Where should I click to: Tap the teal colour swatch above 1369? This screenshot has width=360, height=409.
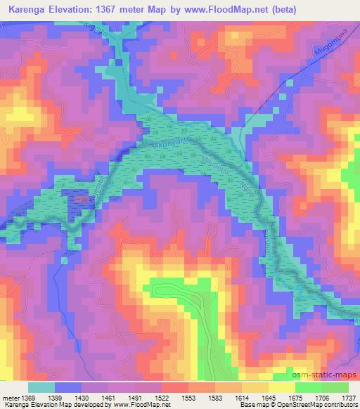pyautogui.click(x=42, y=387)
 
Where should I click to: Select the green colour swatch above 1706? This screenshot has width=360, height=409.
pyautogui.click(x=309, y=387)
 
